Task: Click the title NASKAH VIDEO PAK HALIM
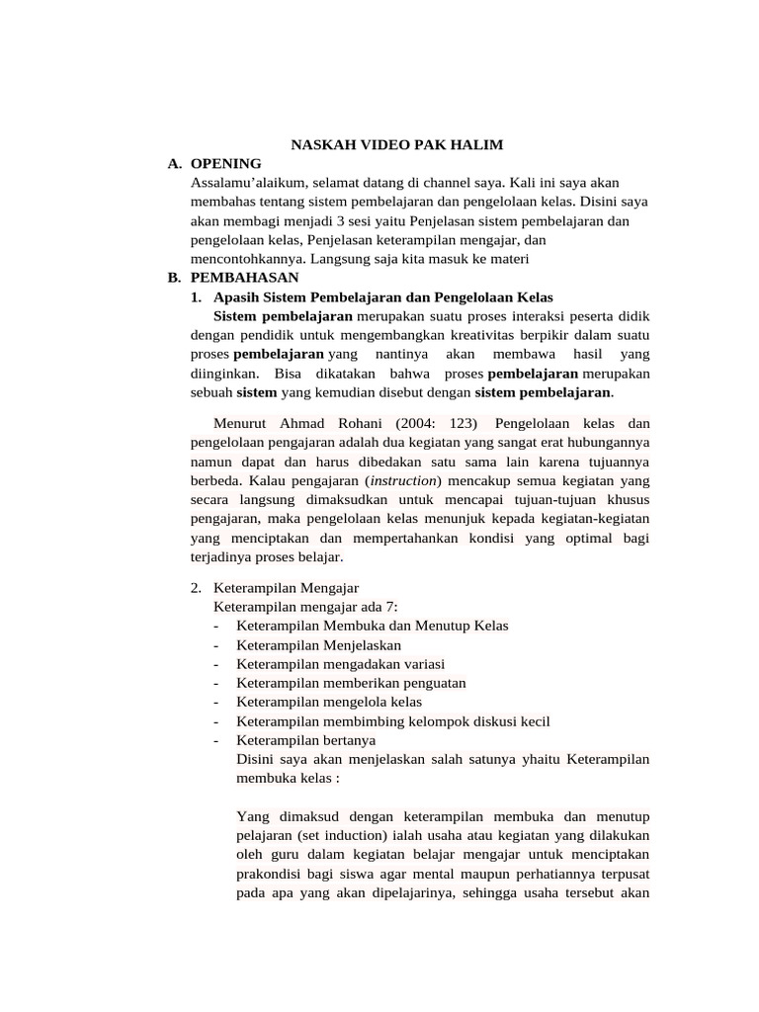click(396, 145)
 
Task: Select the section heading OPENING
click(225, 163)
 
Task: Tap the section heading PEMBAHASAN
click(243, 278)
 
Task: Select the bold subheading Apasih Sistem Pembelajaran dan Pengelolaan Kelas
click(383, 297)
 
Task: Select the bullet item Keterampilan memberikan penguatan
click(351, 683)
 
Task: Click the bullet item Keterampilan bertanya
click(305, 740)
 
